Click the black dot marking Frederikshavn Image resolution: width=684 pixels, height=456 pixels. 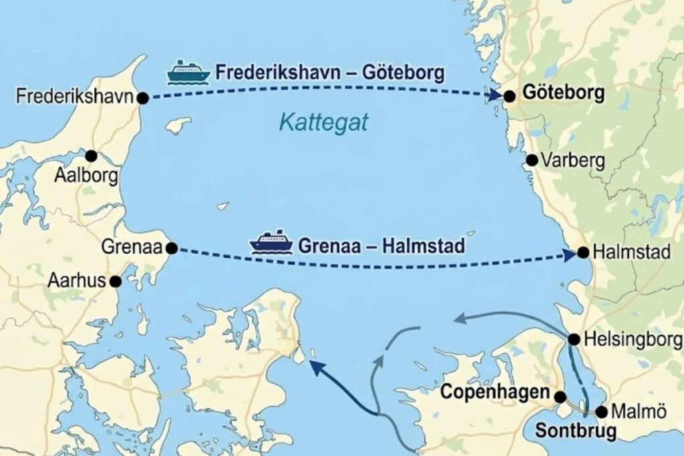click(x=142, y=98)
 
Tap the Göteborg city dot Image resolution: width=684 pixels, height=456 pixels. click(x=510, y=96)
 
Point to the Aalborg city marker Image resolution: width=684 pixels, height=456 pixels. click(x=91, y=156)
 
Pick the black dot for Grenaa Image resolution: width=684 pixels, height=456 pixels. click(x=172, y=248)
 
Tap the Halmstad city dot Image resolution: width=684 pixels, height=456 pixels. click(x=583, y=252)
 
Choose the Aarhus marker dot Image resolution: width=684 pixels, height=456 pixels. click(x=116, y=282)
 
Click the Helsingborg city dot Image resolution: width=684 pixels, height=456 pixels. click(x=574, y=339)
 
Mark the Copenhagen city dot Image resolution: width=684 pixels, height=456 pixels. click(x=561, y=397)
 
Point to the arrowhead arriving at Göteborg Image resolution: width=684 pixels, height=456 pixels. click(x=495, y=96)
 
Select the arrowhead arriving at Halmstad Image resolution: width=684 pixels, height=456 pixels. click(x=569, y=254)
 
